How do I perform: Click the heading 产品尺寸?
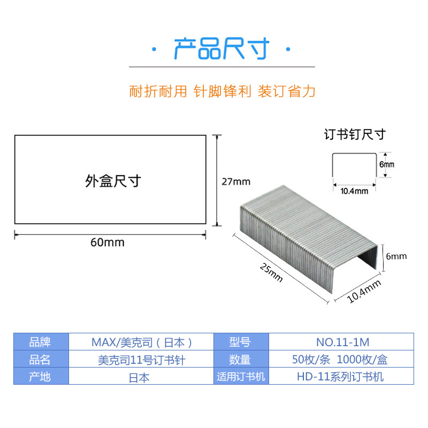[220, 49]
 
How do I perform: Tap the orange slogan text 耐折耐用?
[158, 91]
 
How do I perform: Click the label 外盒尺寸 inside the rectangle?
[112, 181]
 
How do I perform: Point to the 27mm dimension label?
[236, 181]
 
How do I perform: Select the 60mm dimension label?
[108, 242]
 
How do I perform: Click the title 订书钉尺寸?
[355, 134]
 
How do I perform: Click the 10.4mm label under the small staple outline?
[355, 190]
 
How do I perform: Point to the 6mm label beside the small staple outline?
[386, 165]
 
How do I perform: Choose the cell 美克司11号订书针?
[142, 360]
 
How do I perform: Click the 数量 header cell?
[241, 360]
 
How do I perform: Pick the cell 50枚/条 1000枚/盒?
[343, 360]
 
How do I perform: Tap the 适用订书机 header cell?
[241, 377]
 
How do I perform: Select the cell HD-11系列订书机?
[343, 377]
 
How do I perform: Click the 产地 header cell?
[41, 377]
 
